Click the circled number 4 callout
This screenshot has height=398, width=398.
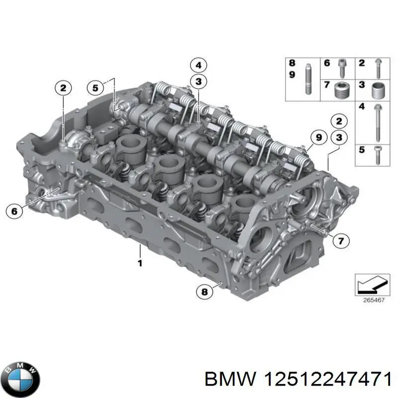[x=198, y=65]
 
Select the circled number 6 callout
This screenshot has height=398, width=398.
[x=14, y=211]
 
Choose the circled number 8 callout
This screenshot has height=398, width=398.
[x=203, y=292]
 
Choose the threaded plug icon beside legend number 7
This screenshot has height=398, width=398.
[x=341, y=90]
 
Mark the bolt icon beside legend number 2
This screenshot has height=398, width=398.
[x=378, y=66]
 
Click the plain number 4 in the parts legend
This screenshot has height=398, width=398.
[x=362, y=107]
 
